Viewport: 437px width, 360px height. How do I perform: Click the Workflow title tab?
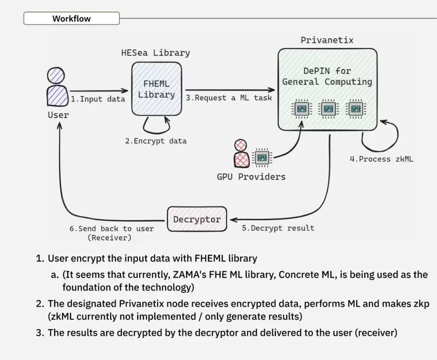[72, 18]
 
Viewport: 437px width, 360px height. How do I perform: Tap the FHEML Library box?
[156, 89]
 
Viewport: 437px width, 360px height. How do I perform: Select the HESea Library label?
[156, 53]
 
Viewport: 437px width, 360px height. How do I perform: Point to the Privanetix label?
[327, 40]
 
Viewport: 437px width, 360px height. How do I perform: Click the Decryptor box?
[197, 219]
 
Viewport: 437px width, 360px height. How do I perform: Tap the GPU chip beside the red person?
[262, 157]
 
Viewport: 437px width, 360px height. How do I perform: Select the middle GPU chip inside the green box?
[329, 109]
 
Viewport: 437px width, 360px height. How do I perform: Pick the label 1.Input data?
[98, 99]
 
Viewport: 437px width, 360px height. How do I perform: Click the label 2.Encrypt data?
[156, 141]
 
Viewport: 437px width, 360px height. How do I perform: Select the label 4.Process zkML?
[382, 159]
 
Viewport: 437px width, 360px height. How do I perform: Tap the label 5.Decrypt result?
[278, 228]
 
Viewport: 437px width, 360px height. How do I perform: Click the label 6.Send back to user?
[112, 228]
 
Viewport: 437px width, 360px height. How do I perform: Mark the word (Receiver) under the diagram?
[110, 237]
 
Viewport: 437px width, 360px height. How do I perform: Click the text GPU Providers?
[251, 177]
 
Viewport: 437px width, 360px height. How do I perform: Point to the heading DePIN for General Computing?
[327, 76]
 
